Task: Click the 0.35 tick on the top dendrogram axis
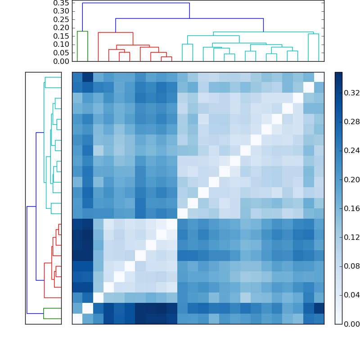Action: (63, 3)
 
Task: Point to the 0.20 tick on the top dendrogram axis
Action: (63, 27)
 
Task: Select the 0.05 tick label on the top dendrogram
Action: (63, 53)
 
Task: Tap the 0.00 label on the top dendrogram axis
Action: (63, 61)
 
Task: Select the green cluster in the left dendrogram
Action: (52, 313)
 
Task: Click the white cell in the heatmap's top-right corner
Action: (319, 77)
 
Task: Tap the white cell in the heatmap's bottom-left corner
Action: (77, 319)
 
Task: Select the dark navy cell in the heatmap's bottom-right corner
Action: (319, 308)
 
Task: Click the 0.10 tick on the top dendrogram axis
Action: (63, 44)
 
